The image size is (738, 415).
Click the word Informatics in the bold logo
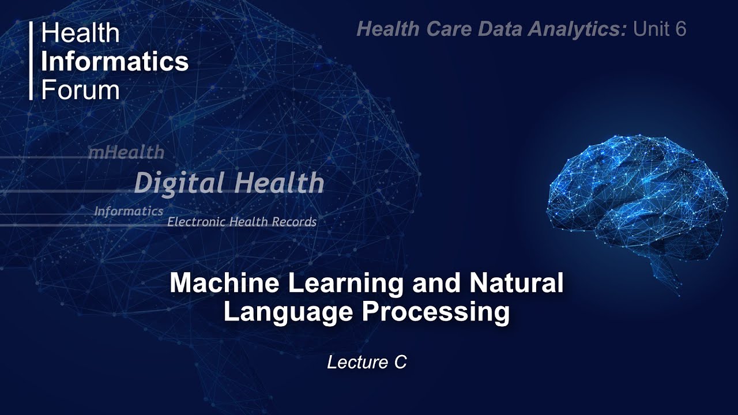pos(114,62)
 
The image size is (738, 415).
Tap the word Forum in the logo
pos(80,90)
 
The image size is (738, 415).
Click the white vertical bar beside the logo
pos(31,61)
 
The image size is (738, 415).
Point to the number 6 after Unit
pos(680,29)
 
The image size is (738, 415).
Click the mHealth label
pos(126,153)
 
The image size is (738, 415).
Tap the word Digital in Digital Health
pos(179,183)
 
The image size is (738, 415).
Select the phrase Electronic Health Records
pos(242,222)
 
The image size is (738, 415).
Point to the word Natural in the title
pos(516,284)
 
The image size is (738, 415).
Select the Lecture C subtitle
pos(367,362)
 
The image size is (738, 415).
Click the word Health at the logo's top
pos(80,33)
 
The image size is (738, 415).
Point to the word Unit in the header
pos(650,29)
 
